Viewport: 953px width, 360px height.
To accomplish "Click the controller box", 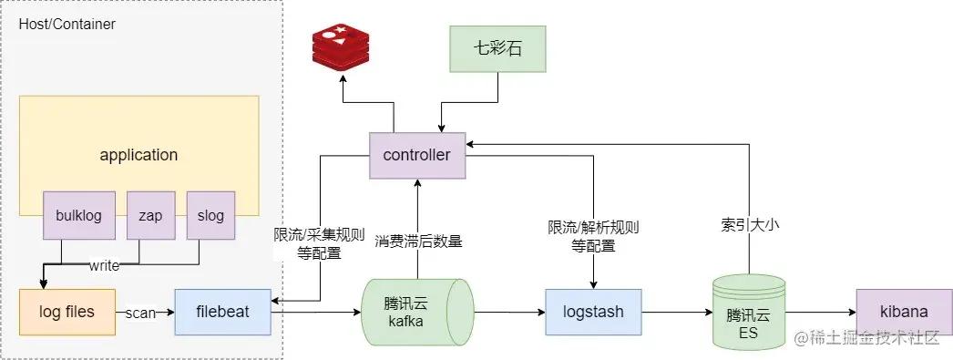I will click(x=416, y=155).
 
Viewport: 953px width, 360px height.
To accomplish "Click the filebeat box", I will click(x=222, y=312).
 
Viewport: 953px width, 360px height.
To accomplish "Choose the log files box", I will click(x=67, y=312).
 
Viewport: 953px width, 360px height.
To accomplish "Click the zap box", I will click(x=149, y=216).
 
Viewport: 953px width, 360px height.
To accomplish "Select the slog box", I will click(x=210, y=216).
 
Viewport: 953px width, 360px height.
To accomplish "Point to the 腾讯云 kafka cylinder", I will click(x=417, y=312).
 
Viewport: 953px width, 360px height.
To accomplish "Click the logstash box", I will click(x=593, y=312).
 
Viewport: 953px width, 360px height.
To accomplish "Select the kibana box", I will click(x=897, y=312).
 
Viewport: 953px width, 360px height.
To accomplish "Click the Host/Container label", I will click(x=67, y=25).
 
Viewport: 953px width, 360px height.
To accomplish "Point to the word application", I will click(x=138, y=155).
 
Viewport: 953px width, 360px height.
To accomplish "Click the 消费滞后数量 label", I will click(x=418, y=242).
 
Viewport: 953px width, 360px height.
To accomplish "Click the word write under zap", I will click(x=103, y=266).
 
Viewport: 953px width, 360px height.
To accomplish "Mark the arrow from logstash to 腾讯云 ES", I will click(x=676, y=312).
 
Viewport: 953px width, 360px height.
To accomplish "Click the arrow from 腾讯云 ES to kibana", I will click(x=820, y=312).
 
